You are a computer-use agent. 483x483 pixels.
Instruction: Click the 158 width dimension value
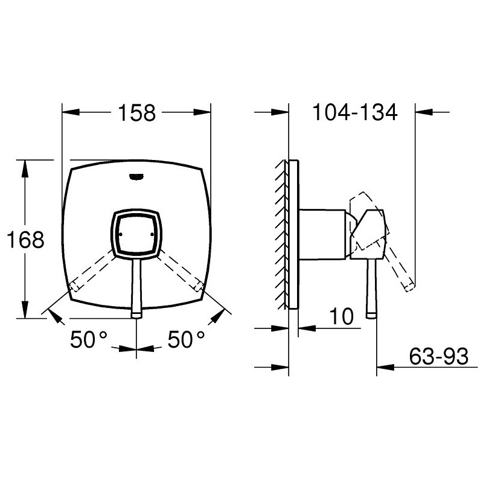point(137,113)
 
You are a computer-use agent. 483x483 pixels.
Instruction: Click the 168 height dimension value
point(25,240)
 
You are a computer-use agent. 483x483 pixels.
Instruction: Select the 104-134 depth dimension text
point(355,112)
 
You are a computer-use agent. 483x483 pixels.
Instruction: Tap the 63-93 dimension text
point(439,356)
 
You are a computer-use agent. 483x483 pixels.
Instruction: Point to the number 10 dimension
point(341,316)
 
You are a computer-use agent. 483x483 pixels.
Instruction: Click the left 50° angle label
point(89,339)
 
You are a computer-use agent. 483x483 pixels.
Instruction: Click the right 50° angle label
point(186,339)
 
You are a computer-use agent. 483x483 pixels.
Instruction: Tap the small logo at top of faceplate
point(136,177)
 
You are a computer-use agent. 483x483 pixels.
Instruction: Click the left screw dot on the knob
point(120,234)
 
